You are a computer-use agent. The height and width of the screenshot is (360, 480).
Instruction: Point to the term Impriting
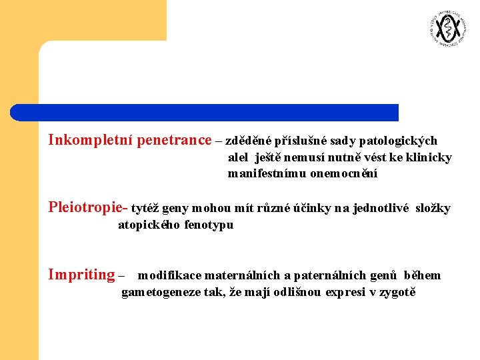click(x=81, y=275)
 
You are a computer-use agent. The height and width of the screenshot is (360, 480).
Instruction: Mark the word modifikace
click(x=169, y=275)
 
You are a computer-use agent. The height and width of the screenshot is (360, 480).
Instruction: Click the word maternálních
click(x=243, y=275)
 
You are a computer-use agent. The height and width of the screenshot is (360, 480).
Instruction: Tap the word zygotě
click(x=397, y=293)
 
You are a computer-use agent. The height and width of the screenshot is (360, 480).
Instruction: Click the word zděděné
click(x=249, y=141)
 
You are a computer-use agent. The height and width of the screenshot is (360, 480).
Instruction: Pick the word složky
click(x=433, y=208)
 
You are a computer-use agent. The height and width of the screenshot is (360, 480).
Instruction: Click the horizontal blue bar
click(x=204, y=112)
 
